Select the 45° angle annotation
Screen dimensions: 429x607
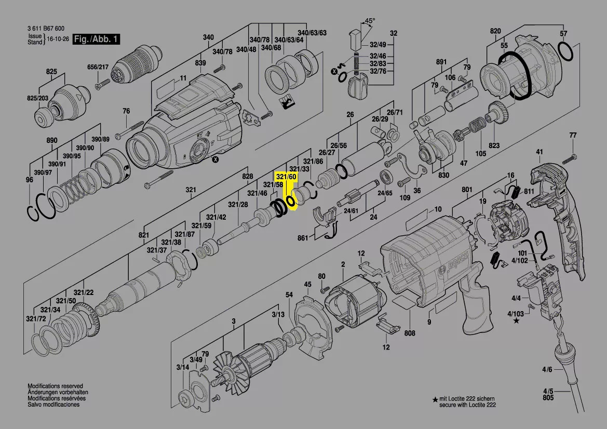[x=369, y=21]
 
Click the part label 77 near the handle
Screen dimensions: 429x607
[x=573, y=136]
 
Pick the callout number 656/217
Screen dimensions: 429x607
[x=97, y=67]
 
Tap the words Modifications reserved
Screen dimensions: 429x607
[x=55, y=386]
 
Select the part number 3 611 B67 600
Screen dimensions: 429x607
[x=46, y=29]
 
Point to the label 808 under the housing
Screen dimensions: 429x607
[x=410, y=333]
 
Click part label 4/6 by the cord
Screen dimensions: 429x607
[x=547, y=369]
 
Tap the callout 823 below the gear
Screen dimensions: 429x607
[x=494, y=146]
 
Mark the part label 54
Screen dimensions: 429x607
[x=289, y=295]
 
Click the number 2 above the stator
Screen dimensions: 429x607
[x=343, y=265]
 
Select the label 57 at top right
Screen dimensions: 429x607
[x=563, y=34]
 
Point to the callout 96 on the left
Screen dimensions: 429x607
[x=29, y=180]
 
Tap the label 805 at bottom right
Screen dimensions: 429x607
[x=548, y=398]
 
